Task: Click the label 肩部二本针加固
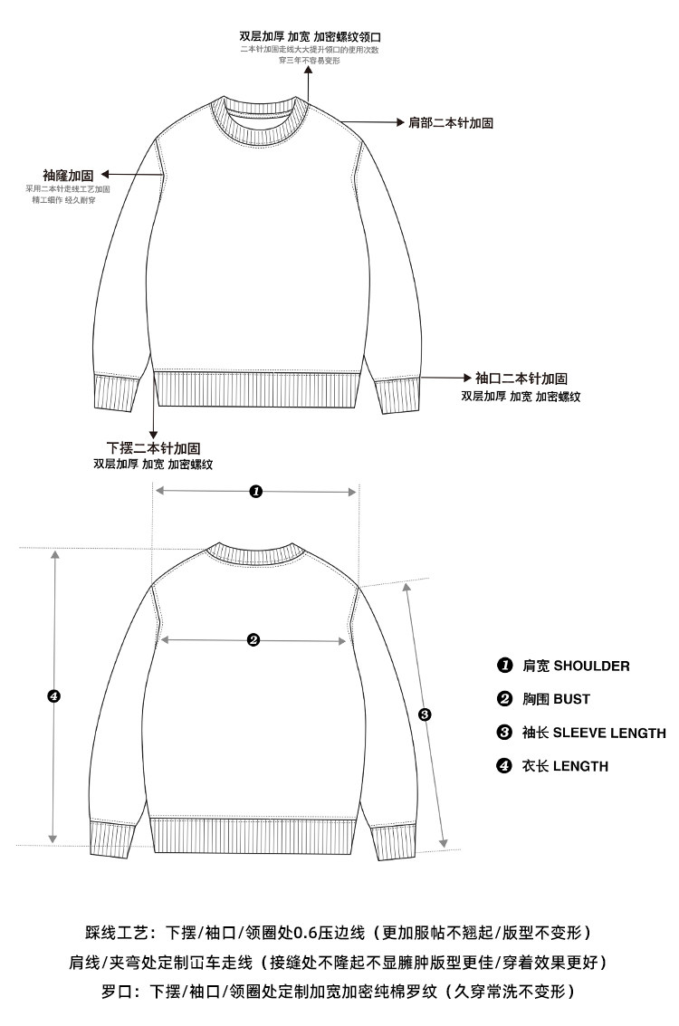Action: pyautogui.click(x=451, y=122)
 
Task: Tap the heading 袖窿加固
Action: pyautogui.click(x=68, y=174)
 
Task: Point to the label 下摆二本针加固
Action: pyautogui.click(x=153, y=447)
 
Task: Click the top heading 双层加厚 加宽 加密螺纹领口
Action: pyautogui.click(x=310, y=36)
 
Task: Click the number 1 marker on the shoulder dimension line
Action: pyautogui.click(x=255, y=491)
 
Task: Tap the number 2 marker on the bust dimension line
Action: pyautogui.click(x=253, y=640)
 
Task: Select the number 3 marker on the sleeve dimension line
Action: pyautogui.click(x=426, y=714)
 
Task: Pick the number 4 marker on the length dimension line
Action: pyautogui.click(x=53, y=696)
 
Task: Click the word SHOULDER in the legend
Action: pyautogui.click(x=591, y=666)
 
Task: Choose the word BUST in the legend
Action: pyautogui.click(x=571, y=699)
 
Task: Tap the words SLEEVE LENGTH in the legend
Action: pyautogui.click(x=609, y=733)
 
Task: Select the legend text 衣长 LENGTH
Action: pyautogui.click(x=565, y=766)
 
